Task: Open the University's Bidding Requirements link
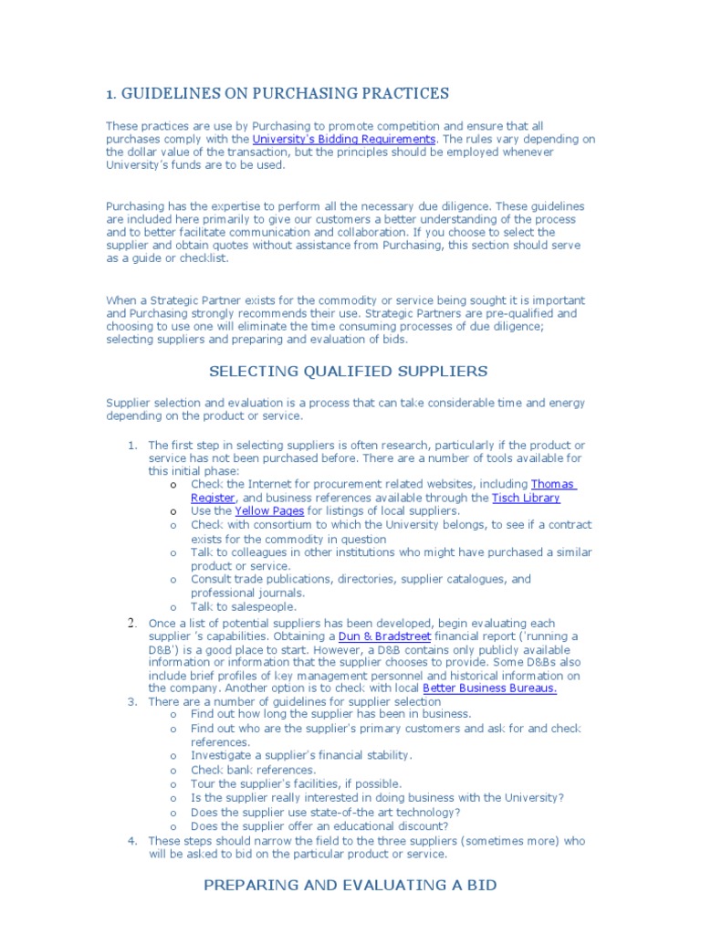point(344,139)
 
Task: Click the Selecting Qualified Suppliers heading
point(335,371)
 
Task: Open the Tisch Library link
point(526,498)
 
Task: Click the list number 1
point(132,445)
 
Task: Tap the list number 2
point(132,623)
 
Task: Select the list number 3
point(132,701)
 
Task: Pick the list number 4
point(132,840)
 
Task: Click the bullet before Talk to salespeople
point(173,606)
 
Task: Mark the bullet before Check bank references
point(173,770)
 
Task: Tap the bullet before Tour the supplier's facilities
point(173,783)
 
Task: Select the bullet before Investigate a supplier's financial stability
point(173,756)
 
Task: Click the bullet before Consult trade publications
point(173,579)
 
